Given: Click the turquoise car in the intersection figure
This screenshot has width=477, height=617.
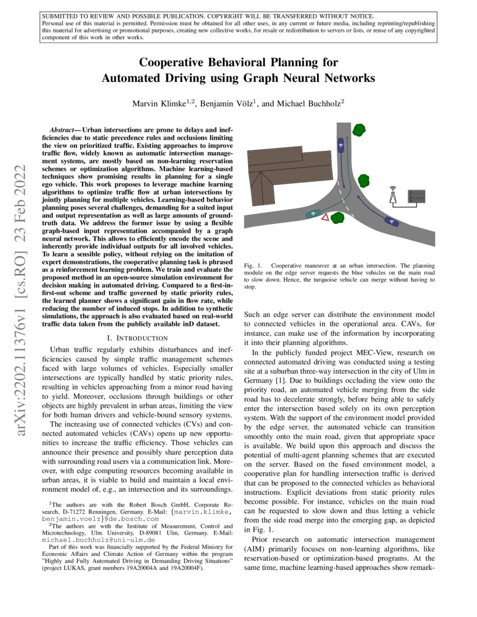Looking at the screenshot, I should coord(312,213).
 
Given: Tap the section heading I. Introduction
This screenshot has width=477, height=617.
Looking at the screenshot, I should coord(137,338).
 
